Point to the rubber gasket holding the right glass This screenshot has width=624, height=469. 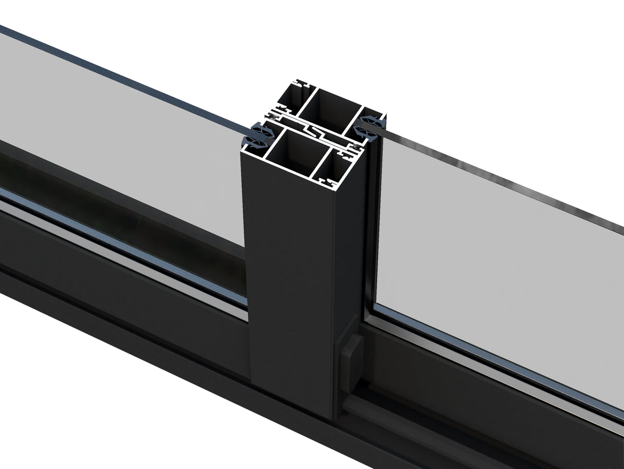pos(372,128)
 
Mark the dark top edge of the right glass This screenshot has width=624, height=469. pos(504,180)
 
